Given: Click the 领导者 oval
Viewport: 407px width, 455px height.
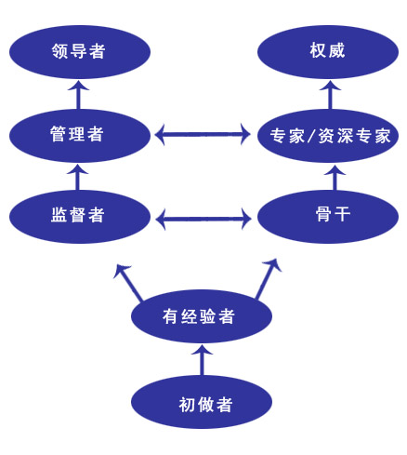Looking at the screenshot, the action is click(80, 51).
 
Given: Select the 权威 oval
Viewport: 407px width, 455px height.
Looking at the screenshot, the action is click(328, 51).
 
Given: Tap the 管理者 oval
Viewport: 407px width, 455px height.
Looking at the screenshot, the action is click(80, 136).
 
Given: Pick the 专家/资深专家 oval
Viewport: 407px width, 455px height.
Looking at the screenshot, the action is click(328, 136).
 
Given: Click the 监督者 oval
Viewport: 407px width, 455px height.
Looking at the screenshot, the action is click(80, 217).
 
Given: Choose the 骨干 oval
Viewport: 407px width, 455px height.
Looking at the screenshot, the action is click(328, 217).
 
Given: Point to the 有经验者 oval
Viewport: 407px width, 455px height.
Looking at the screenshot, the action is click(202, 316).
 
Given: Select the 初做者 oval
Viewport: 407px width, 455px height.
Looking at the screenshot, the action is click(202, 402).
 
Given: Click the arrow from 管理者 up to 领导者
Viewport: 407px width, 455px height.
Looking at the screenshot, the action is click(78, 94).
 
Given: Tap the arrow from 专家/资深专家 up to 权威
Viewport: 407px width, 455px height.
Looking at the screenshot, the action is click(330, 94).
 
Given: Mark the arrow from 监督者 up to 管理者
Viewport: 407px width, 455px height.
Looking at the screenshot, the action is click(77, 177).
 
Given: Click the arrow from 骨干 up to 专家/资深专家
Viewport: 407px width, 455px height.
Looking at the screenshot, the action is click(335, 177).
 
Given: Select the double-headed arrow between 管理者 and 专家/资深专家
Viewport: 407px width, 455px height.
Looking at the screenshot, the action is click(203, 135).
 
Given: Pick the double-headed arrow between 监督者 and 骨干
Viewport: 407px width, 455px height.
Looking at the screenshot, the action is click(203, 219).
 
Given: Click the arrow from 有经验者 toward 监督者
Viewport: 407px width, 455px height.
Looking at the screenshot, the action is click(128, 282).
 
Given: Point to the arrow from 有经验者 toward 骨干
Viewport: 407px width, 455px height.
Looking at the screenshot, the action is click(269, 279).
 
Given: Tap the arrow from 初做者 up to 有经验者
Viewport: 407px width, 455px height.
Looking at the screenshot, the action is click(202, 360).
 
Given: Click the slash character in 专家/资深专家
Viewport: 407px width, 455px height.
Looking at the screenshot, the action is click(311, 136).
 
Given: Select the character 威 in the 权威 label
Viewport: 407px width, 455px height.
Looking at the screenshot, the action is click(336, 50).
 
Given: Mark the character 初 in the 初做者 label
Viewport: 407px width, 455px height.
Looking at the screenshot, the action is click(187, 405).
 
